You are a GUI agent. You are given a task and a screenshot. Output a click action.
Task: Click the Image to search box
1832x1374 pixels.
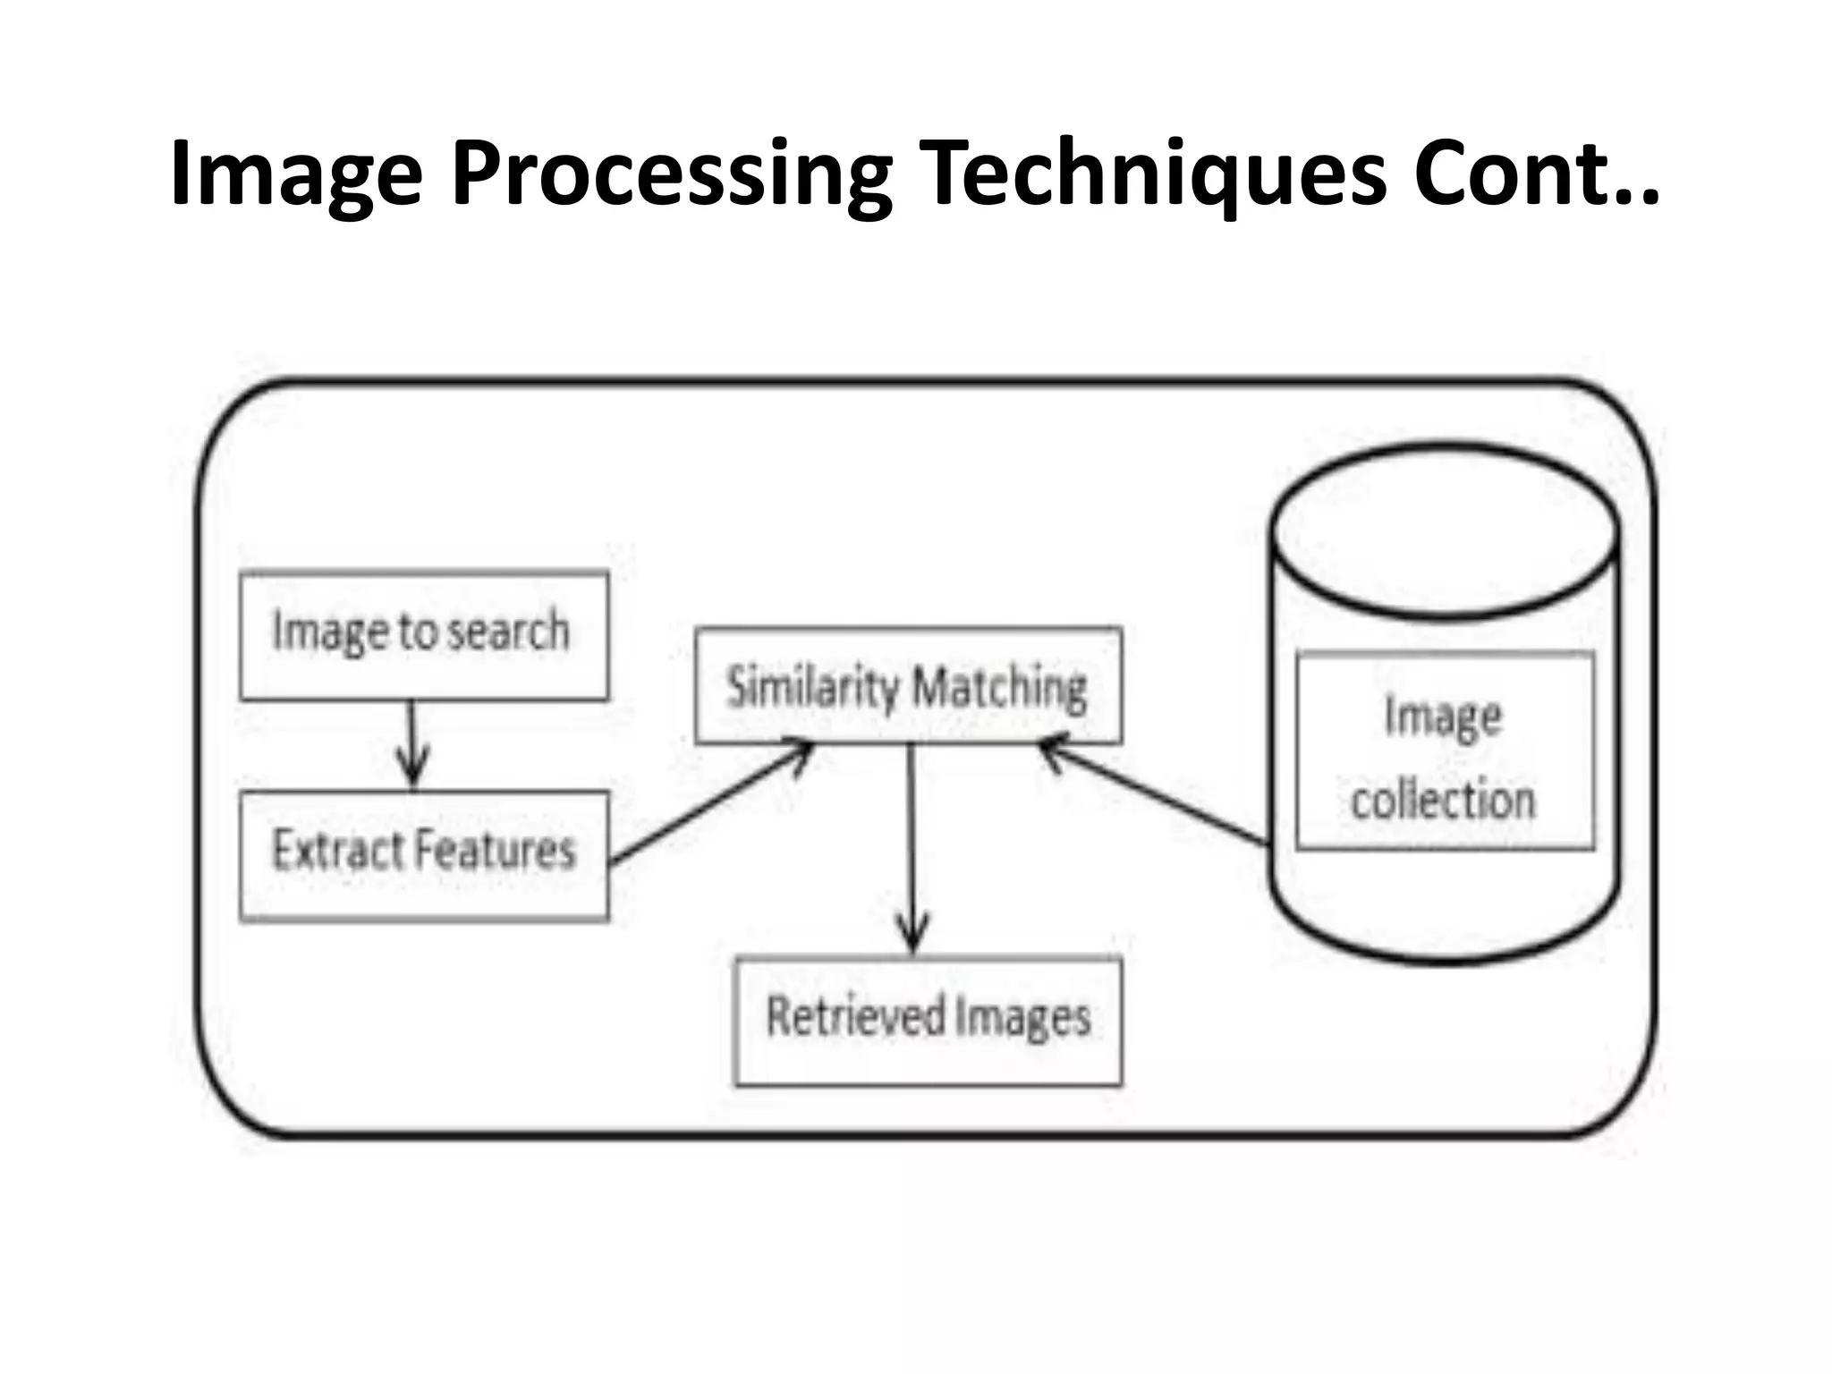coord(424,635)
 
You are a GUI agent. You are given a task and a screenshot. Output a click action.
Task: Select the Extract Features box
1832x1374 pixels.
coord(424,854)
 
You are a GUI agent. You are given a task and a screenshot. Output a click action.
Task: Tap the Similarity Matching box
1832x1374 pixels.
coord(908,685)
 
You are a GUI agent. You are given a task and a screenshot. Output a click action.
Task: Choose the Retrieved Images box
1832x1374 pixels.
coord(928,1020)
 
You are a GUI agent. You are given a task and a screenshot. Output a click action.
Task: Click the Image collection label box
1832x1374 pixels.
coord(1444,751)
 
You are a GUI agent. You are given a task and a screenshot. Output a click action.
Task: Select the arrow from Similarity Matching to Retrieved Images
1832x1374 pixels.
coord(912,850)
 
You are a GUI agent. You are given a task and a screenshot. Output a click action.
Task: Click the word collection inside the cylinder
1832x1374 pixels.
coord(1443,799)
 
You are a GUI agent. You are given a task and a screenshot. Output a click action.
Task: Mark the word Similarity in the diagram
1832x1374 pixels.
coord(812,687)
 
